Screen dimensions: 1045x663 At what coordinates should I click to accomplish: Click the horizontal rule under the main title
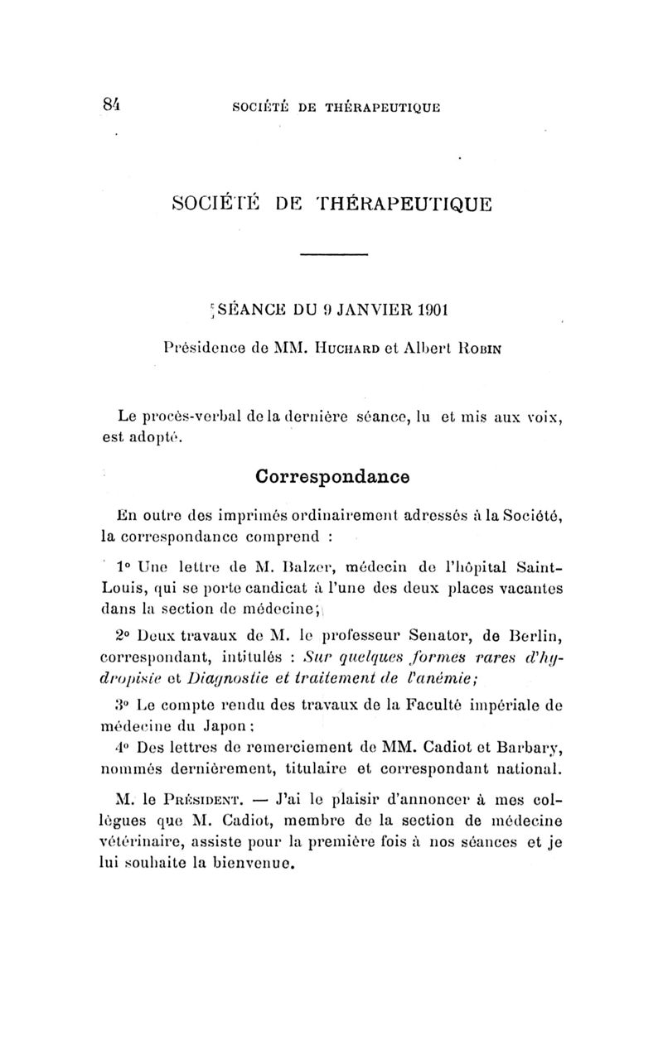(331, 254)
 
